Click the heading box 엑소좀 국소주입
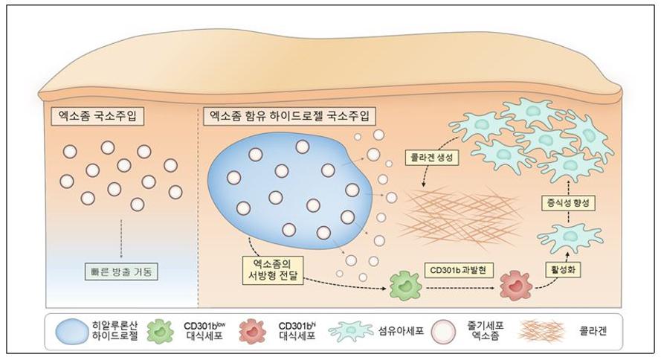[x=97, y=116]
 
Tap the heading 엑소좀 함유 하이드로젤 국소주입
[x=288, y=116]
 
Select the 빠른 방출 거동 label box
[x=121, y=272]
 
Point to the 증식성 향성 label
[x=568, y=203]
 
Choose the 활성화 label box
[x=562, y=269]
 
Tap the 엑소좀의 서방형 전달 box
[x=273, y=270]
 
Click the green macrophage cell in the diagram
[x=405, y=286]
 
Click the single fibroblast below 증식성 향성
[x=569, y=237]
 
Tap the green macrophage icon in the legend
[x=160, y=331]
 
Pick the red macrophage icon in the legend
[x=253, y=331]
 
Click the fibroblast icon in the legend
[x=351, y=330]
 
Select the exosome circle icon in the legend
[x=444, y=331]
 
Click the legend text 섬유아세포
[x=401, y=331]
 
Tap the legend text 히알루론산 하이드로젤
[x=115, y=331]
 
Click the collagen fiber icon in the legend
[x=539, y=331]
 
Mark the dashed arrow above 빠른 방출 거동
[x=121, y=238]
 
